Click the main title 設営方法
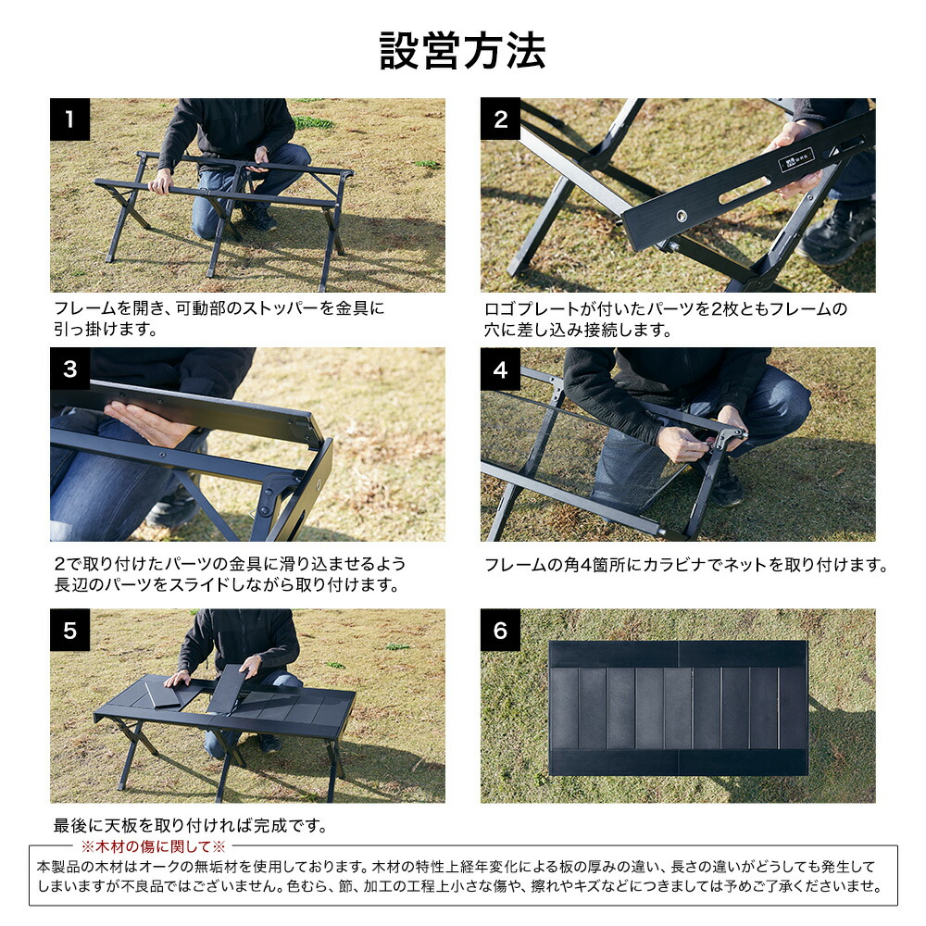point(462,51)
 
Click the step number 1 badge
point(69,119)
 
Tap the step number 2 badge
point(500,119)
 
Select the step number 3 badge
point(69,369)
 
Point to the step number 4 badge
point(500,369)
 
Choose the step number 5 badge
point(69,630)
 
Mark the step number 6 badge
point(500,630)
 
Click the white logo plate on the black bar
point(796,159)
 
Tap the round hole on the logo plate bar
point(682,216)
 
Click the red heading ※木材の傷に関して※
point(154,846)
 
